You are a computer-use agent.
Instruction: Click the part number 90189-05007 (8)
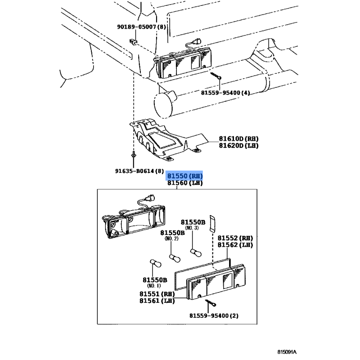(141, 27)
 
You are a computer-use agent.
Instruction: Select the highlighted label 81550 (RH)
(185, 176)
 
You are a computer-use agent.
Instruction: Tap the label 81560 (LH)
(185, 183)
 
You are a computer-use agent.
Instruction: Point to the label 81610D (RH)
(238, 139)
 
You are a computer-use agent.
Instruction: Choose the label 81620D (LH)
(238, 145)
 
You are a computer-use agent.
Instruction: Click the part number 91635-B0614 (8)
(139, 171)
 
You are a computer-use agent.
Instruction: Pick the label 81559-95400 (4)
(225, 93)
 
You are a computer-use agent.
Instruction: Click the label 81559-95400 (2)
(214, 316)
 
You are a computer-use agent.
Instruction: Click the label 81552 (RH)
(235, 238)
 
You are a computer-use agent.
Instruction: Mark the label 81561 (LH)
(157, 301)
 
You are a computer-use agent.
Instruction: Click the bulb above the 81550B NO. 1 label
(155, 263)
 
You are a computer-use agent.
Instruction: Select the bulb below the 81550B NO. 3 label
(196, 252)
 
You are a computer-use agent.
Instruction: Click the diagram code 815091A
(287, 352)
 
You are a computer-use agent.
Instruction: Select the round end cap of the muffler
(162, 105)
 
